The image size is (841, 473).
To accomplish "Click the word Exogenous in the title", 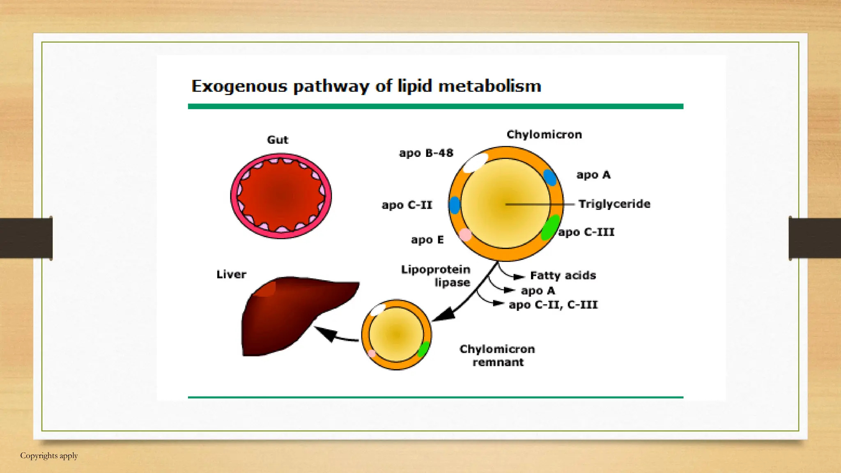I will coord(239,87).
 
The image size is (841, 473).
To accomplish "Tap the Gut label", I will coord(278,140).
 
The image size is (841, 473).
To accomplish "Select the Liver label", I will coord(231,274).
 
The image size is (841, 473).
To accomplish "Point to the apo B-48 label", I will coord(426,153).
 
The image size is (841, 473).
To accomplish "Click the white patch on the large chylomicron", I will coord(475,163).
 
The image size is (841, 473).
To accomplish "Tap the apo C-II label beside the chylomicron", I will coord(407,205).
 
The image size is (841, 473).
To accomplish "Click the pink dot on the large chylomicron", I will coord(465,235).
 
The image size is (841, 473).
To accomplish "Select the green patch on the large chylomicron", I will coord(550,227).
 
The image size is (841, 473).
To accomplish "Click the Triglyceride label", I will coord(614,204).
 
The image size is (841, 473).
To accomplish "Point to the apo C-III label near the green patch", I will coord(586,232).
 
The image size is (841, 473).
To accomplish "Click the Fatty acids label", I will coord(563,276).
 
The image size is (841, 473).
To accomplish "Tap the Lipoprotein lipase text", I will coord(436,276).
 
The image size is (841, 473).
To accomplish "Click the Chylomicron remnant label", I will coord(497,356).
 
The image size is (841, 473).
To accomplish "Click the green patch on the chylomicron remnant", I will coord(423,349).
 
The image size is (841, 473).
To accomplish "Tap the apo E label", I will coord(427,240).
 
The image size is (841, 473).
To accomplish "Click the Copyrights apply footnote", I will coord(49,456).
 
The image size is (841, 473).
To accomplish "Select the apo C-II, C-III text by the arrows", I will coord(553,305).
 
